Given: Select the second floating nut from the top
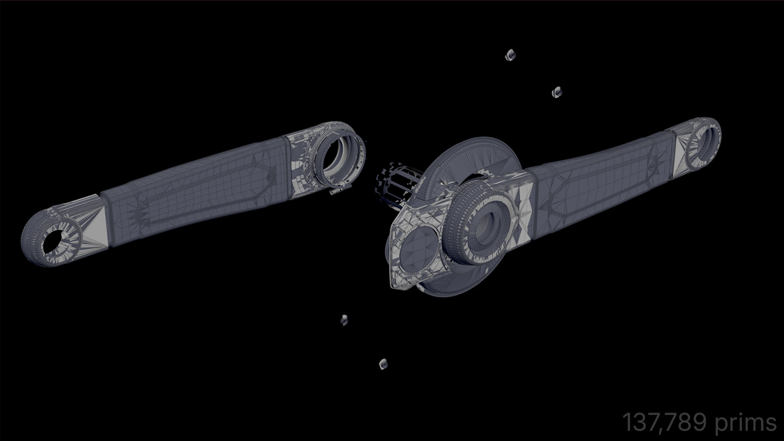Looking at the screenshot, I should pos(556,92).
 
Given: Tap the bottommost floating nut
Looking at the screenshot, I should pos(383,364).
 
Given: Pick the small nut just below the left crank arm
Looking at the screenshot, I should pos(344,320).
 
